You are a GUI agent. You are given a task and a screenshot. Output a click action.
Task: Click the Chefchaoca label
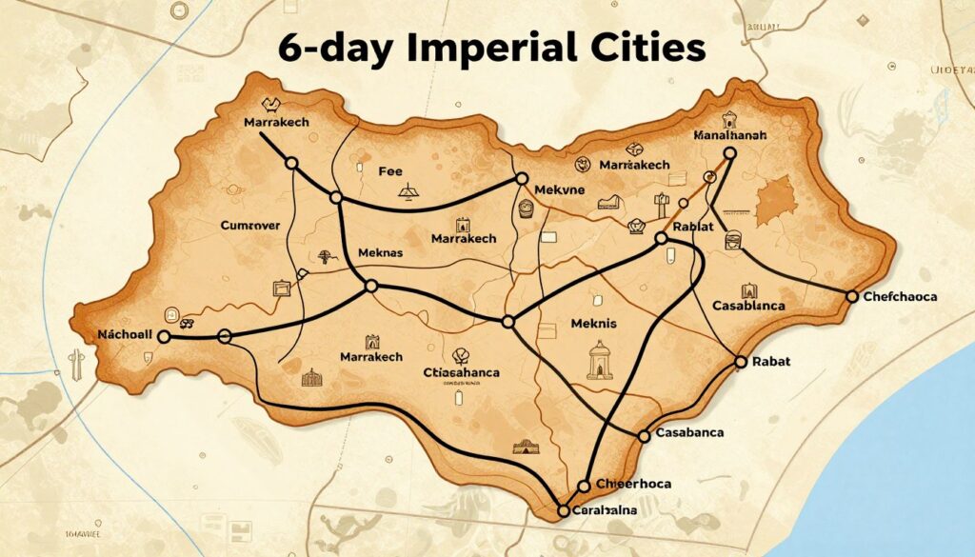[900, 297]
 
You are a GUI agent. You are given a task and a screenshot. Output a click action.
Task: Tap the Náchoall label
[126, 335]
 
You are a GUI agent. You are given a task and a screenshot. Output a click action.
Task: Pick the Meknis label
[593, 323]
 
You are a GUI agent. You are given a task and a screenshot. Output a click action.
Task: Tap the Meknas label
[381, 252]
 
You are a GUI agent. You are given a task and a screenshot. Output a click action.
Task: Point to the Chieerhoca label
[632, 484]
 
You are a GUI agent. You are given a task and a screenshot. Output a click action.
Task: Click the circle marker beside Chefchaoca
[853, 297]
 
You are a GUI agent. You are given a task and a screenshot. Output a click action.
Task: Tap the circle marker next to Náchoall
[164, 336]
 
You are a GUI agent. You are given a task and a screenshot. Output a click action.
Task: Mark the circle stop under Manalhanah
[730, 152]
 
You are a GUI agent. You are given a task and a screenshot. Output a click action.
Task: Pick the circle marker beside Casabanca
[644, 436]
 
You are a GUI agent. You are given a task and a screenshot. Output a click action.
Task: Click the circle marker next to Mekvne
[522, 178]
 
